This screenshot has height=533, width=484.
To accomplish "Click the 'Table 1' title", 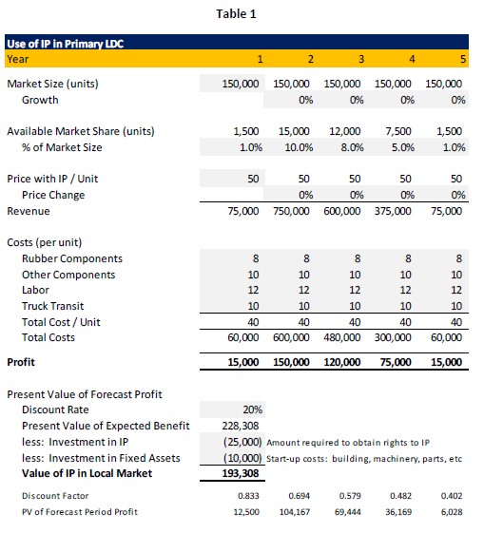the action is click(x=236, y=14).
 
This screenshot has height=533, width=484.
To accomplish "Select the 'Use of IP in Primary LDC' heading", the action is click(x=66, y=44).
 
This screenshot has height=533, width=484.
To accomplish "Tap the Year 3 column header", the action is click(x=361, y=59).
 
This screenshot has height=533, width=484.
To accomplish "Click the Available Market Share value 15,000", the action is click(x=294, y=131).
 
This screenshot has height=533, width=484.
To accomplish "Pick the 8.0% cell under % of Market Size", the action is click(x=352, y=147).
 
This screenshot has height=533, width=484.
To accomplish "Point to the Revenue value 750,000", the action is click(x=291, y=211).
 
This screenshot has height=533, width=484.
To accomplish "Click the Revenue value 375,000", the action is click(x=393, y=211).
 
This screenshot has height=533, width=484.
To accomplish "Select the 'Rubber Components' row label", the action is click(x=72, y=258).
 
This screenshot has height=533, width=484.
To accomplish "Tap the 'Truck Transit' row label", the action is click(x=52, y=306).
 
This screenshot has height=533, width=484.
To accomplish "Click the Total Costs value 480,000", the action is click(x=342, y=337).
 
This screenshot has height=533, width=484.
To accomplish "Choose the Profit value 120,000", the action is click(x=342, y=362).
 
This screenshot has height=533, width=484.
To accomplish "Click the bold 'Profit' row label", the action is click(x=21, y=362).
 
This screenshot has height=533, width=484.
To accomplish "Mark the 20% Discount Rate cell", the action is click(x=252, y=409).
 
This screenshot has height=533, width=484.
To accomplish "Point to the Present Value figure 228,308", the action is click(x=241, y=426).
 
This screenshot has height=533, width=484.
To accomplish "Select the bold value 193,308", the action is click(x=241, y=473).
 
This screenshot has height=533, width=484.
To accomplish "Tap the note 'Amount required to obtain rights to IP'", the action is click(x=348, y=443).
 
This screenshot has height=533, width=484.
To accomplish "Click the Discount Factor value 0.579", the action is click(x=350, y=496).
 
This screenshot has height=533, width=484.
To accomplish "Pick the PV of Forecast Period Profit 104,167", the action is click(x=295, y=512).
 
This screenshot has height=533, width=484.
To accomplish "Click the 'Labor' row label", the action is click(x=35, y=290).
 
